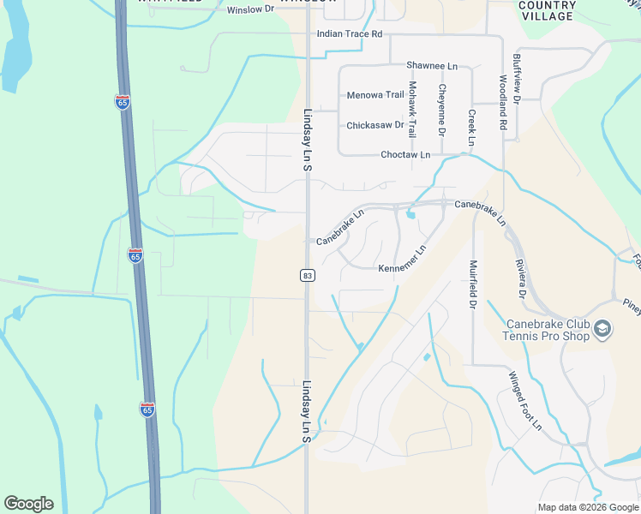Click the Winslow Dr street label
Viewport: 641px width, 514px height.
point(250,10)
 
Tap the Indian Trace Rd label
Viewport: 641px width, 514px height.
point(349,34)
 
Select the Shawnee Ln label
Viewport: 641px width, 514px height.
point(432,65)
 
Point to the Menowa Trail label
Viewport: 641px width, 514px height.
point(374,95)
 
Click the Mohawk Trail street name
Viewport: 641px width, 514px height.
point(412,111)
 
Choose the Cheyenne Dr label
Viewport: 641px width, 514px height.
point(442,110)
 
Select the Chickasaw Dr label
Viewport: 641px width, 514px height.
point(374,125)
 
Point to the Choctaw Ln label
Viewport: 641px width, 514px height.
point(405,155)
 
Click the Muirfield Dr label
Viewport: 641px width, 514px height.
point(472,284)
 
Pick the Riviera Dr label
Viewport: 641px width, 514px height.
point(520,278)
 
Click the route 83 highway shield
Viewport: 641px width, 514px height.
point(307,275)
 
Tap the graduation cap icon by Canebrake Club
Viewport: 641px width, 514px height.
point(602,328)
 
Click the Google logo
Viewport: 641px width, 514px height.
point(28,504)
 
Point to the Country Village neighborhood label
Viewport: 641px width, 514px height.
point(547,10)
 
